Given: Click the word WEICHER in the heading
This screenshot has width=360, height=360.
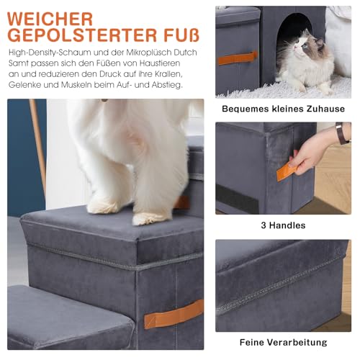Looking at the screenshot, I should [51, 18].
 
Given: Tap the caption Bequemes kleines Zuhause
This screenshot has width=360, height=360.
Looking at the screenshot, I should [283, 109].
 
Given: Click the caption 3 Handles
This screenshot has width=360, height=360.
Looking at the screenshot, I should [283, 225].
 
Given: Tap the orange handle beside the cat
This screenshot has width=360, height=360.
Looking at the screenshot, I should [238, 58].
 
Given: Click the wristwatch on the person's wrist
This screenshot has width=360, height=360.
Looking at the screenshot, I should [341, 134].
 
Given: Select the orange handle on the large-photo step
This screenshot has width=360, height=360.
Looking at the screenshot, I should [174, 314].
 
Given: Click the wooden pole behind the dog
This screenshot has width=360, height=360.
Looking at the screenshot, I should [37, 144].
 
